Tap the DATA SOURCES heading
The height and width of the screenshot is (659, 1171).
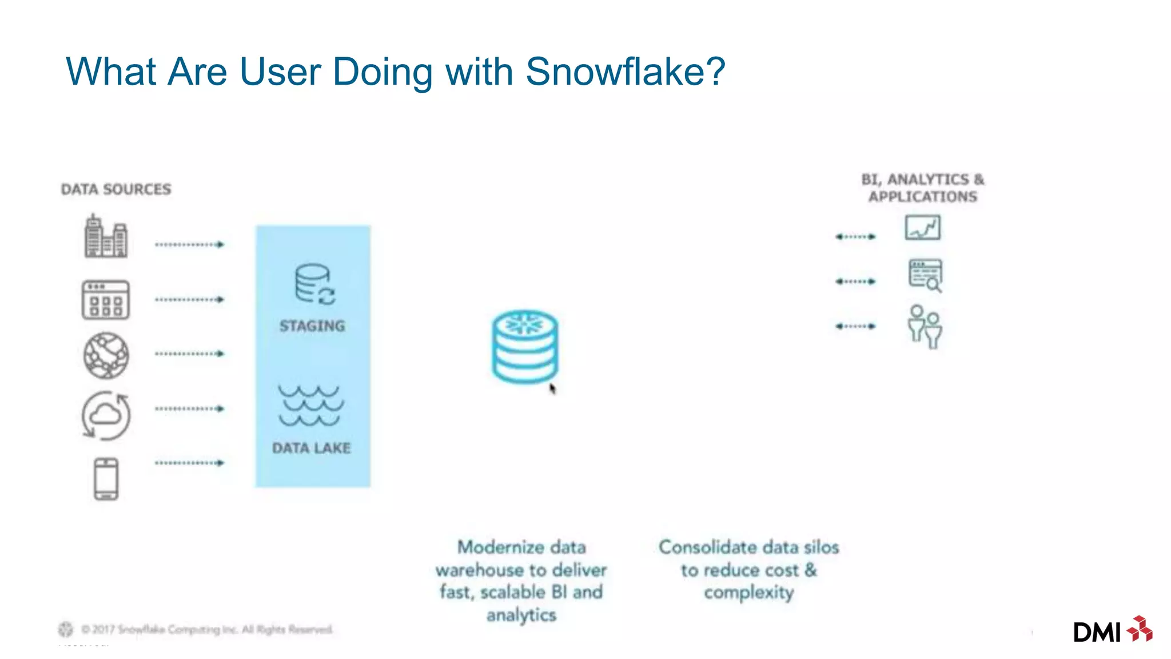point(116,189)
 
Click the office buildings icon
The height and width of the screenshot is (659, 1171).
point(106,236)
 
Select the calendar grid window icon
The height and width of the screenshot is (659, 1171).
point(106,300)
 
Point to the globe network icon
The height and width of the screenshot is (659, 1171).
point(106,355)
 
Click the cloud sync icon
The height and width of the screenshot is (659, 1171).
point(106,415)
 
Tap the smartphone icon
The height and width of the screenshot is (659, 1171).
point(106,479)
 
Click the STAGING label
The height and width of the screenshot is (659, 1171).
point(312,326)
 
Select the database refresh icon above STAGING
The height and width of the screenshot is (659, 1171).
point(314,283)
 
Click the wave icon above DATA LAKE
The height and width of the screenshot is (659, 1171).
point(311,406)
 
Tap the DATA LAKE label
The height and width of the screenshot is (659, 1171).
point(311,448)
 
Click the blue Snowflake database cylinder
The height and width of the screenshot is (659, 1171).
point(524,347)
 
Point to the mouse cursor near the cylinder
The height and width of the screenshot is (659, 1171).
point(552,389)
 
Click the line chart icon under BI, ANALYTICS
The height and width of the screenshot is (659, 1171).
point(922,228)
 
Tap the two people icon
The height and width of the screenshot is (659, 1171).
point(925,327)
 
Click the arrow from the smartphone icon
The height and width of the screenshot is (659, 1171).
point(189,463)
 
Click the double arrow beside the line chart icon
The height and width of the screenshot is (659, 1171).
point(855,236)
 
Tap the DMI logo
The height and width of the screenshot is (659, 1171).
point(1112,630)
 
